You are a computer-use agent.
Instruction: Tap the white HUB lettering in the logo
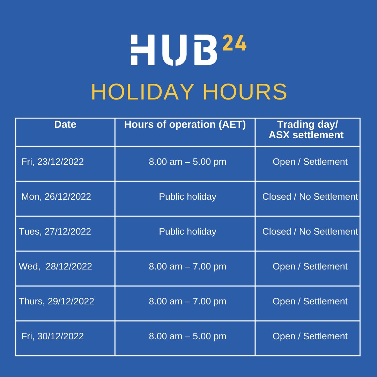[x=174, y=50]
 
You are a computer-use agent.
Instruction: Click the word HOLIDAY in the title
[x=142, y=92]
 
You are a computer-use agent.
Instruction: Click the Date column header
[x=65, y=125]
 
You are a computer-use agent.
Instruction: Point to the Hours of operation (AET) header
[x=185, y=125]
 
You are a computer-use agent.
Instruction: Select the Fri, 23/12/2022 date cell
[x=53, y=162]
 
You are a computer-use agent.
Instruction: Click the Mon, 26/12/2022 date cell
[x=56, y=197]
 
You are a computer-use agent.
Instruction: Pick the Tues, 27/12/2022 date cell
[x=55, y=232]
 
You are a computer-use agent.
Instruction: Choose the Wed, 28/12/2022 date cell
[x=56, y=267]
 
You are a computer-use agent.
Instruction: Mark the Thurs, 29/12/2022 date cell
[x=57, y=302]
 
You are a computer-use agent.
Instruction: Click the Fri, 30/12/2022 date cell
[x=53, y=337]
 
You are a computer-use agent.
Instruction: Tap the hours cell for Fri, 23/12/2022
[x=187, y=162]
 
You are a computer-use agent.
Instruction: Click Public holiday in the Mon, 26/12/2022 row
[x=187, y=197]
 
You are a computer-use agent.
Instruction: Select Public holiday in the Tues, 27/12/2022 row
[x=187, y=232]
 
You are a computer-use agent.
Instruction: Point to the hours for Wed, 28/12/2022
[x=187, y=267]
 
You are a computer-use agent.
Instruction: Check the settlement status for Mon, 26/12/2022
[x=310, y=197]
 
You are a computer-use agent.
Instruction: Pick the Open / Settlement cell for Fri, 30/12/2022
[x=310, y=337]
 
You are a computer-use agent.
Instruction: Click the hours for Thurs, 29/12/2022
[x=187, y=302]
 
